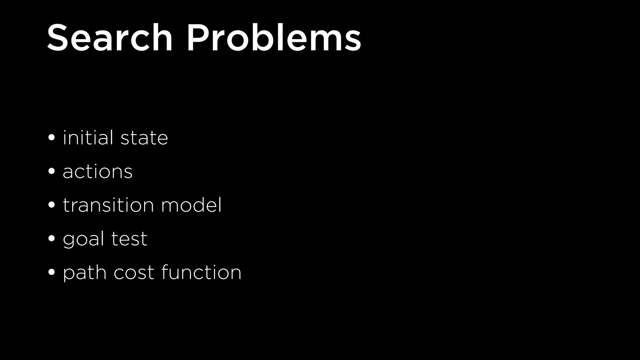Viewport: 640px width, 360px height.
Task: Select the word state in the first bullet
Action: coord(144,138)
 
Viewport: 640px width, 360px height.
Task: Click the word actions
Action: coord(97,172)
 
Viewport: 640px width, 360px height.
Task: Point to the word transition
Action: coord(108,205)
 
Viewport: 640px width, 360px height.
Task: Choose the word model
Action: coord(191,205)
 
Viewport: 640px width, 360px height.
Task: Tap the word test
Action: coord(129,239)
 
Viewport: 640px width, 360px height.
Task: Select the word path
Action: coord(84,273)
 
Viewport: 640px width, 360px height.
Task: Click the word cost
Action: coord(134,273)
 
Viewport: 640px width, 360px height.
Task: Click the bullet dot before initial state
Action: coord(52,137)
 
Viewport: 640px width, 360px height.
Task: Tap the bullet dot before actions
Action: coord(52,171)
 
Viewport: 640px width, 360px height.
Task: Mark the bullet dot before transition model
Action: coord(52,205)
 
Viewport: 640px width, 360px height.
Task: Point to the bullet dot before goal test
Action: coord(52,239)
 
